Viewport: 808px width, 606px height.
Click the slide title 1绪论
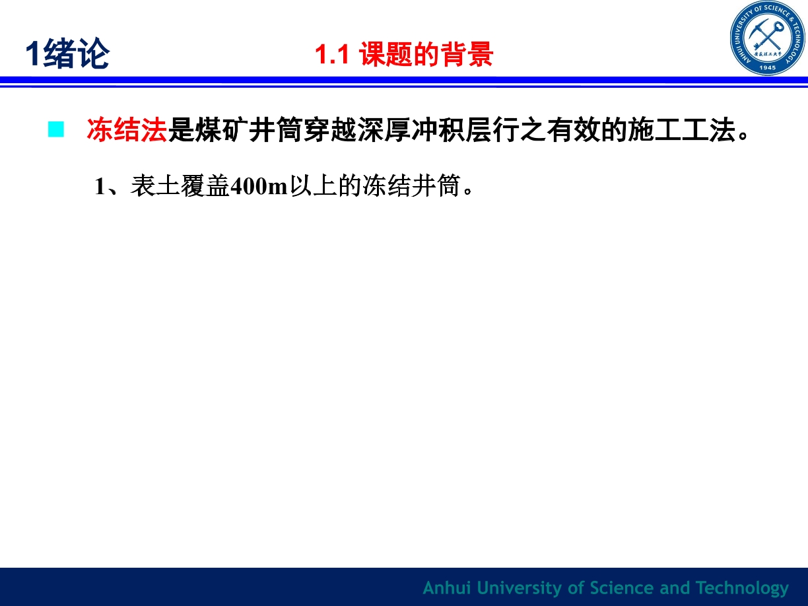pos(67,53)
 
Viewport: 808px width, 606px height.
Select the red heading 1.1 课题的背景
pos(404,54)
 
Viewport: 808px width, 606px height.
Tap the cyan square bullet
pos(56,129)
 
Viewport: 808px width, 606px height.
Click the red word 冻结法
pos(127,129)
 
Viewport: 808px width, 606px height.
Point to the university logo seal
pos(768,38)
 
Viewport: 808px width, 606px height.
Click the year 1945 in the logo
pos(768,68)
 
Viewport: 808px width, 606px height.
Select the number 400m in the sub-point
pos(259,186)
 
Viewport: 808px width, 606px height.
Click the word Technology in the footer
pos(742,588)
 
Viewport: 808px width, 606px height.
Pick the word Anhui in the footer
pos(447,588)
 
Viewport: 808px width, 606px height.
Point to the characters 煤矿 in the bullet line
pos(222,129)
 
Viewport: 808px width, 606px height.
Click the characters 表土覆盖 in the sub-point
pos(180,185)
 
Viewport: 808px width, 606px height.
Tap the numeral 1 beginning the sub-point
pos(100,186)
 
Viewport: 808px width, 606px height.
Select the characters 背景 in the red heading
pos(467,54)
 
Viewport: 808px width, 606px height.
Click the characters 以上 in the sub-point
pos(314,185)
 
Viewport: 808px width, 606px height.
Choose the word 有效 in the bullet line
pos(573,129)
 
